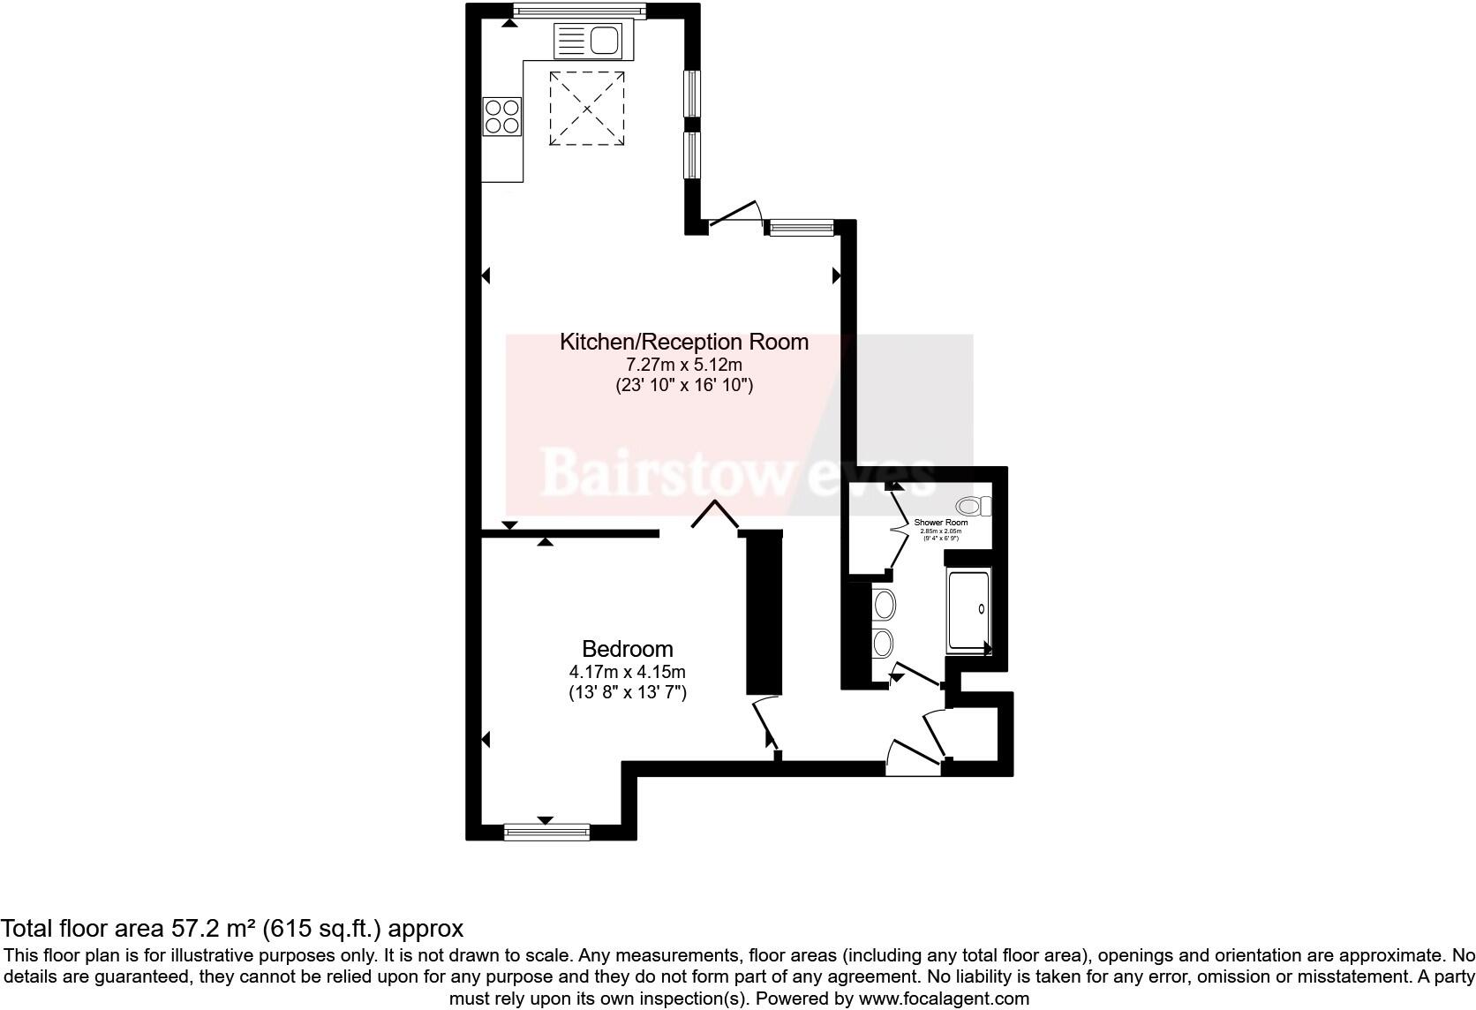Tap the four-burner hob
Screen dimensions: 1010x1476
pos(501,116)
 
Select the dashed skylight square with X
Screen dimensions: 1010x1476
pos(586,109)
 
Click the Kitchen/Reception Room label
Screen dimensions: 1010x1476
pos(683,342)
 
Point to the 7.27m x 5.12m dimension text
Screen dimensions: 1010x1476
pos(683,364)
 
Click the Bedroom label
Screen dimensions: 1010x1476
pos(627,650)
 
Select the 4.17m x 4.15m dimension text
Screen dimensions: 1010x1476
pos(627,672)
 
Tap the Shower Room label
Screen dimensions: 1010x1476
pos(940,523)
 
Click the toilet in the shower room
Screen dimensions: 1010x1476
pos(974,506)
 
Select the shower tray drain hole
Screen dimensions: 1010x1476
pos(983,608)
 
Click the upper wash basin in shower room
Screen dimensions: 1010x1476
pos(883,606)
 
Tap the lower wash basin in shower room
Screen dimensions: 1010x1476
pos(883,643)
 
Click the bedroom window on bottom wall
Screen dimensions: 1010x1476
pos(546,832)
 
